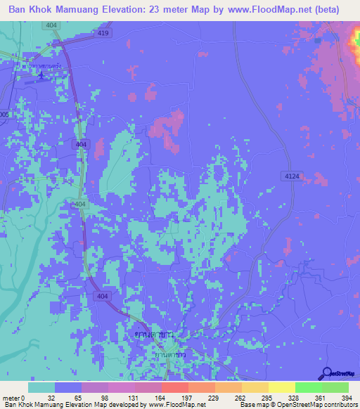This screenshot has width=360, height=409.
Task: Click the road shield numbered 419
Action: [x=104, y=33]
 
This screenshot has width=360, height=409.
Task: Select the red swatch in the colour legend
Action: [x=174, y=387]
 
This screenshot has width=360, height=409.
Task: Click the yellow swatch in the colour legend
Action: [x=281, y=387]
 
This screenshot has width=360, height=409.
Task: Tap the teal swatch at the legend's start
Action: [x=41, y=387]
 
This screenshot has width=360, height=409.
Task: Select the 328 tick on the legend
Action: [x=295, y=397]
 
